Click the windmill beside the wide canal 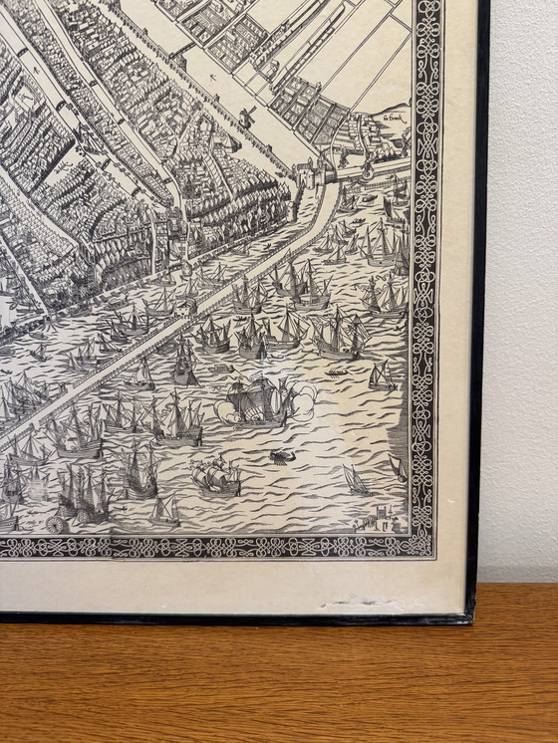[x=247, y=117]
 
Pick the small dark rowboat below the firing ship [x=280, y=457]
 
